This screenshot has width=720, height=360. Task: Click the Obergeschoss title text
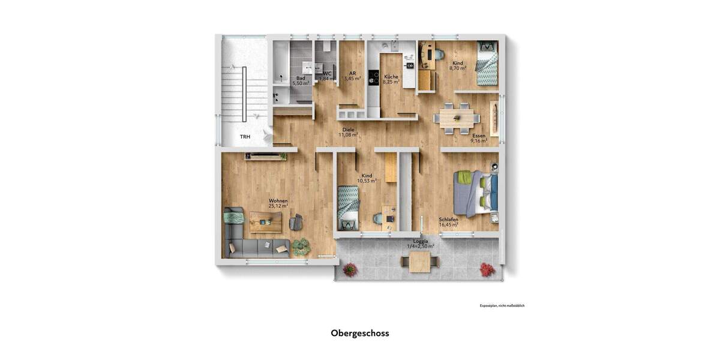point(360,334)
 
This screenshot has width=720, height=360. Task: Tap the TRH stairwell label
point(245,137)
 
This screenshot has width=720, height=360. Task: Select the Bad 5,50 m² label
point(301,81)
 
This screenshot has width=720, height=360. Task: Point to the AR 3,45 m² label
point(352,76)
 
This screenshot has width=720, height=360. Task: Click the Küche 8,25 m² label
point(391,79)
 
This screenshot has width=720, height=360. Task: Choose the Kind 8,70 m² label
point(458,66)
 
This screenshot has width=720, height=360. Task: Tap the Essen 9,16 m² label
point(478,139)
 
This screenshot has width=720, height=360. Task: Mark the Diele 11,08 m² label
point(348,133)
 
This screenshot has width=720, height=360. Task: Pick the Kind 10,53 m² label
point(366,178)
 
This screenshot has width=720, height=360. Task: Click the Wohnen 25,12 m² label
point(278,203)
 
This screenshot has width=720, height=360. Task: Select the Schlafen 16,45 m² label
point(448,222)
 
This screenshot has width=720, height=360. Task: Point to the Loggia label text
point(421,241)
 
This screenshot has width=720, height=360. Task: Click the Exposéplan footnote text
point(502,306)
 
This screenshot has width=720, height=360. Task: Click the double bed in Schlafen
point(476,193)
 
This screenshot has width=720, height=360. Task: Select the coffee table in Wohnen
point(265,222)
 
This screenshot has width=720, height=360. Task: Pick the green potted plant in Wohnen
point(301,246)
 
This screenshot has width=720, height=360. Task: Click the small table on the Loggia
point(420,261)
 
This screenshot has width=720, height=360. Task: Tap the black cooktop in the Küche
point(373,78)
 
